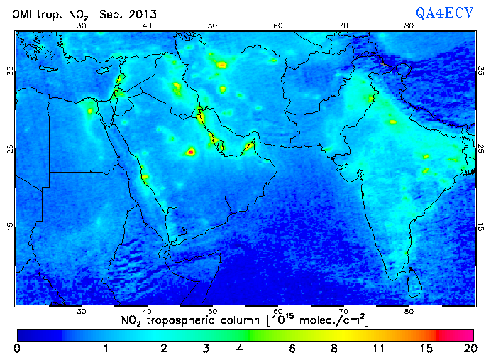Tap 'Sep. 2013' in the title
pyautogui.click(x=128, y=14)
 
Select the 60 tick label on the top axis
pyautogui.click(x=278, y=26)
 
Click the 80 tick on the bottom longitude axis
pyautogui.click(x=409, y=311)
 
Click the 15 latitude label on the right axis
pyautogui.click(x=480, y=227)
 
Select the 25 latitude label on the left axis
pyautogui.click(x=10, y=149)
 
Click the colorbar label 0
pyautogui.click(x=18, y=349)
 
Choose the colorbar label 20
pyautogui.click(x=468, y=349)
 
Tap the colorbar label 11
pyautogui.click(x=380, y=349)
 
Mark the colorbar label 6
pyautogui.click(x=292, y=349)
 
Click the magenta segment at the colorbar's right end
pyautogui.click(x=456, y=334)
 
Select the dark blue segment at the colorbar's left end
pyautogui.click(x=39, y=334)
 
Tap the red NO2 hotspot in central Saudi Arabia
pyautogui.click(x=190, y=152)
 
